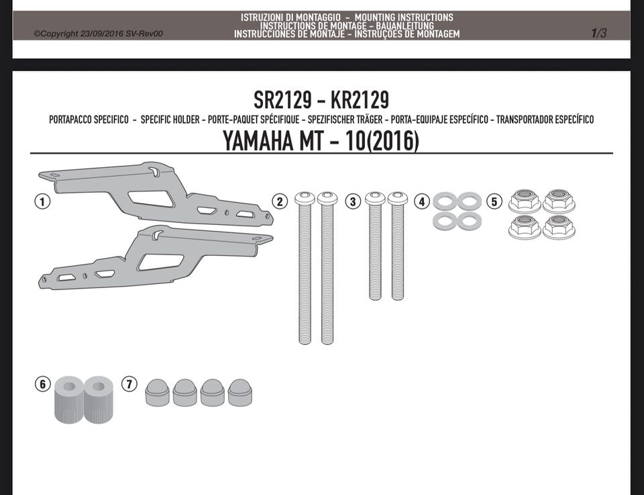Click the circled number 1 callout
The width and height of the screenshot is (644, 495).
pos(43,201)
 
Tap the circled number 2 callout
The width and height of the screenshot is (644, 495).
pos(280,201)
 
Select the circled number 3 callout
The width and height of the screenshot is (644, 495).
pos(353,201)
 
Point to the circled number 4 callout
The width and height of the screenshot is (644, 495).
pos(422,201)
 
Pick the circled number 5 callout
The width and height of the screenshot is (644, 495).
pos(494,201)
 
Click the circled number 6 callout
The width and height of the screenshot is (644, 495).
pos(43,384)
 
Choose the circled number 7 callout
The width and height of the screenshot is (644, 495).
pos(129,384)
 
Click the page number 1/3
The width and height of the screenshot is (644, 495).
pos(598,33)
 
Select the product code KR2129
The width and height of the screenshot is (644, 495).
pos(360,99)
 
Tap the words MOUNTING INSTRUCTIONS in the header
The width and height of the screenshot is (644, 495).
pos(404,17)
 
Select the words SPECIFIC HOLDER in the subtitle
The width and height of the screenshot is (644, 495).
pos(170,120)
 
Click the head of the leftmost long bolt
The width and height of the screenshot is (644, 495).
pos(305,198)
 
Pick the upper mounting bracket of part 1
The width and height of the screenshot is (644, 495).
pos(156,193)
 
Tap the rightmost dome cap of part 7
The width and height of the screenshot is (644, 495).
pos(240,393)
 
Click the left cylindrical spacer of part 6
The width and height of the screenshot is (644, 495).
pos(69,400)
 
